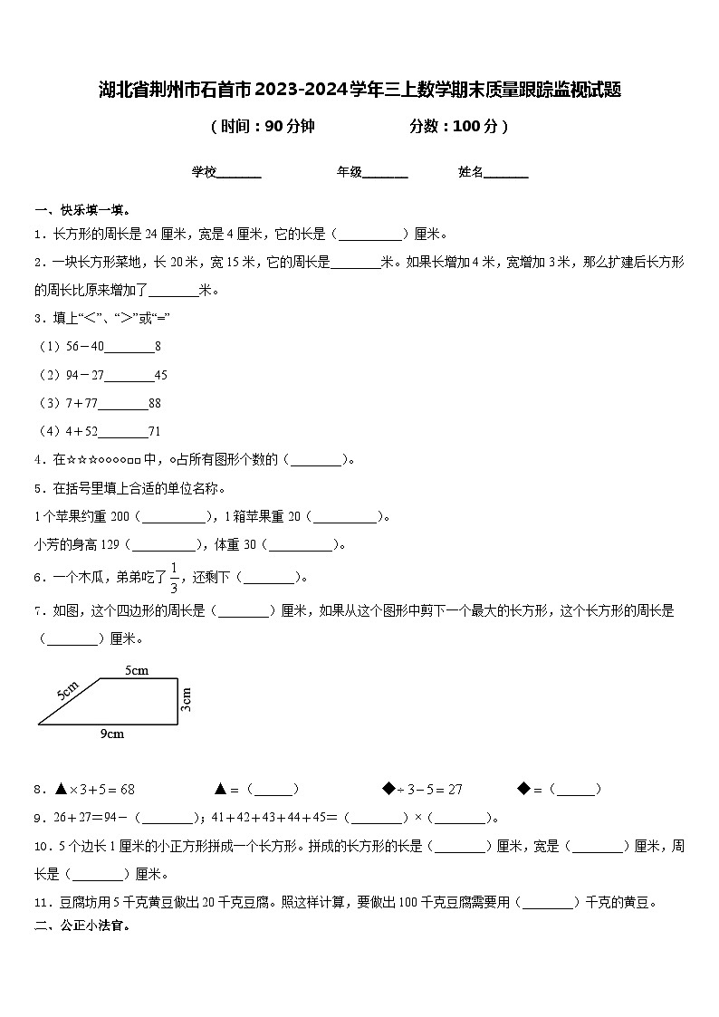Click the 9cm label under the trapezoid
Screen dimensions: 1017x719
[111, 734]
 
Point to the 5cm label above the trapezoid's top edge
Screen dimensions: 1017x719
[137, 671]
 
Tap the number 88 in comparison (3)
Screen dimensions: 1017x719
[155, 403]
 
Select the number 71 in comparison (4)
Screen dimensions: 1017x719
[154, 431]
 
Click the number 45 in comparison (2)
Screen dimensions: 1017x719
[161, 375]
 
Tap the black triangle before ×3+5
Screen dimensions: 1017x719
[61, 789]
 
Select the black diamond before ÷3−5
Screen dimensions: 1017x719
[388, 789]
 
